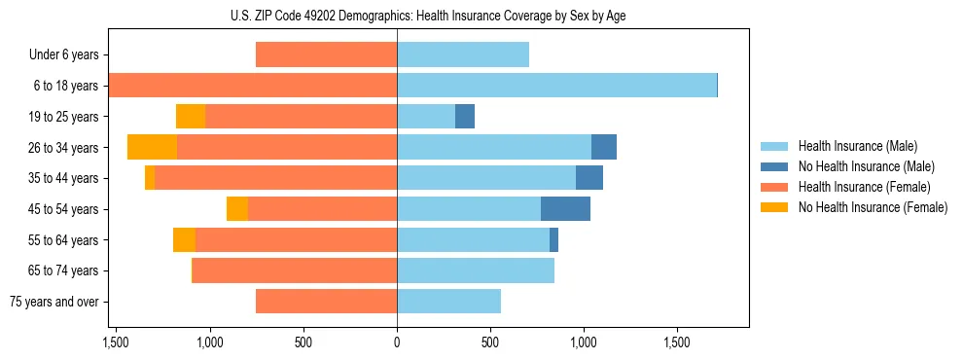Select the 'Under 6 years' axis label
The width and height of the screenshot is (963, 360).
point(64,55)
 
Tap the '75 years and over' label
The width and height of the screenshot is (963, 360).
point(54,302)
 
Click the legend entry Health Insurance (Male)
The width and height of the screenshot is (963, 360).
point(856,146)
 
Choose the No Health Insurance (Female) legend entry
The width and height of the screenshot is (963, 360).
point(873,207)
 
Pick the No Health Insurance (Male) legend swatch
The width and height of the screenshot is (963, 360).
point(774,166)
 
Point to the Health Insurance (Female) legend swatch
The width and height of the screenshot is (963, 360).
point(774,187)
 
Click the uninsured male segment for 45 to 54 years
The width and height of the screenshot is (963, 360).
point(565,209)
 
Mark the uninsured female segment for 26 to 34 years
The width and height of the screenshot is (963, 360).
point(152,147)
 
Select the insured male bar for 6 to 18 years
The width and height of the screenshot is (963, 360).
point(556,86)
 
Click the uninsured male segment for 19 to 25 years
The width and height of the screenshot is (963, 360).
point(465,117)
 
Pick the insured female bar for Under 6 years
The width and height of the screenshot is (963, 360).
point(326,55)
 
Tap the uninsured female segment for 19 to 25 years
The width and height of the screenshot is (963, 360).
point(191,117)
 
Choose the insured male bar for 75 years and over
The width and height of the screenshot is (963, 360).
point(448,302)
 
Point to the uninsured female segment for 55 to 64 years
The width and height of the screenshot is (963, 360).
point(184,240)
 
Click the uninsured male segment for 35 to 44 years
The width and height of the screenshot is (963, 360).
point(589,178)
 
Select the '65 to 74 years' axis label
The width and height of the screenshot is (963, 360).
point(64,270)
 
